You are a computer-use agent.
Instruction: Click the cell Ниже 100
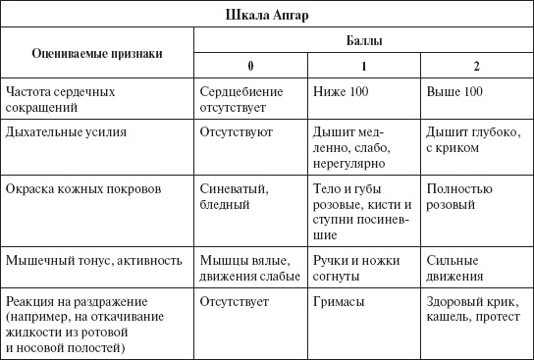point(340,90)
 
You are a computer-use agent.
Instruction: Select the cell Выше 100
point(454,90)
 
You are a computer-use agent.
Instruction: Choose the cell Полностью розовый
point(459,193)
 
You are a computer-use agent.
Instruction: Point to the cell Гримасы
point(339,302)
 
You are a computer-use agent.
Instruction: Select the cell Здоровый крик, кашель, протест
point(475,309)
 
